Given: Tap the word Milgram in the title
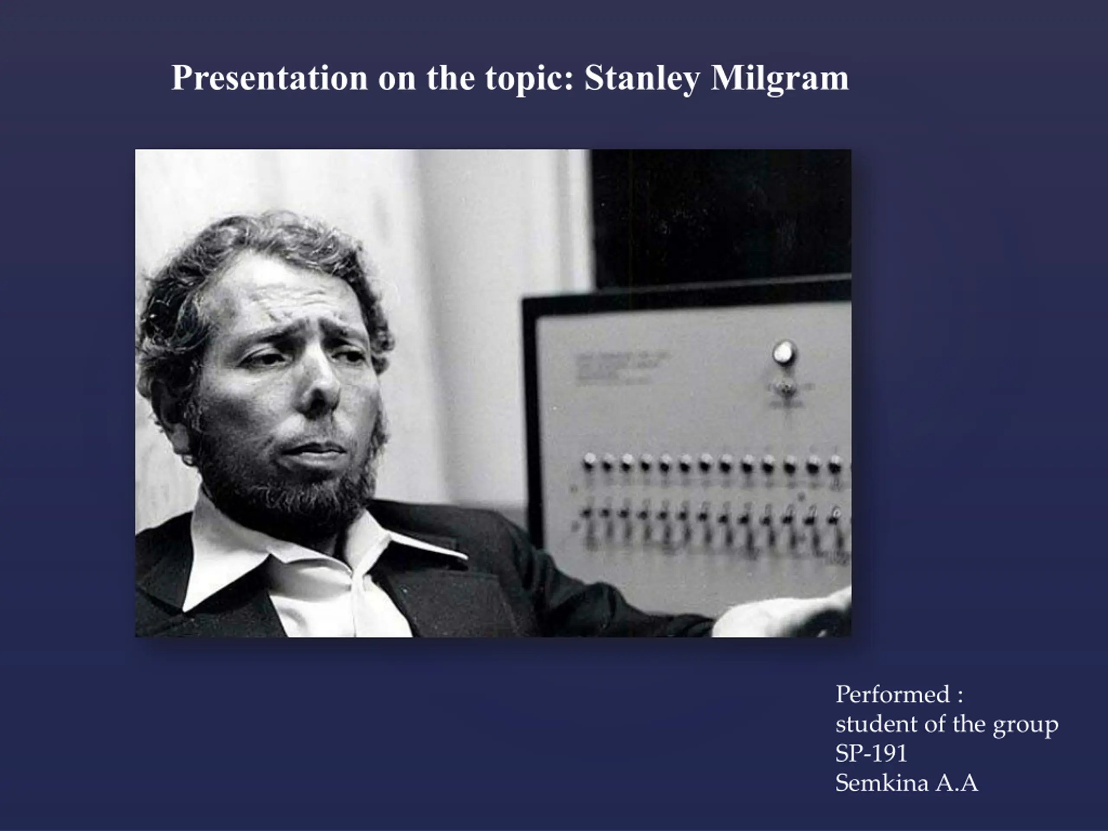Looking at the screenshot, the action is (x=779, y=79).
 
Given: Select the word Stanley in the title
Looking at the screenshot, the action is (x=642, y=79).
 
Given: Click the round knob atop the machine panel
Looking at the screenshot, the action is (x=784, y=354).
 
